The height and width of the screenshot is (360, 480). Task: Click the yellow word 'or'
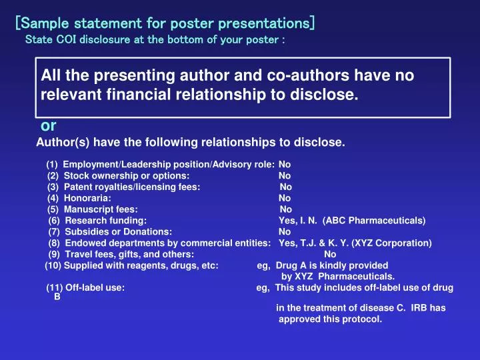(49, 125)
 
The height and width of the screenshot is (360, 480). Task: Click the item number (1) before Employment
(53, 164)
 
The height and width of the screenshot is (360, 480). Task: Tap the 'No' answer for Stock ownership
(285, 175)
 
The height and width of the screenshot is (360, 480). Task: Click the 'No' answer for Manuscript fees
(286, 209)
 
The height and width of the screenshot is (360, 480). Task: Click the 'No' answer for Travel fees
(330, 254)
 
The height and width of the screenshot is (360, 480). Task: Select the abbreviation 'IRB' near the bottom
(419, 308)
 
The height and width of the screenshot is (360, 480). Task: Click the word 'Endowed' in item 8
(84, 243)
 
